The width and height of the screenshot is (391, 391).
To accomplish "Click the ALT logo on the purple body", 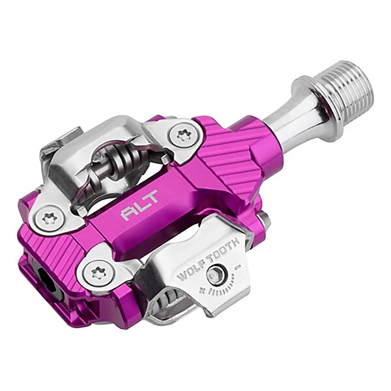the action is [x=139, y=205].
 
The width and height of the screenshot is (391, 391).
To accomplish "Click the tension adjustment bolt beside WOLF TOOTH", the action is [x=216, y=275].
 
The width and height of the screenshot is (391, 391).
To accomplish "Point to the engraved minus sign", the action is [x=237, y=268].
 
